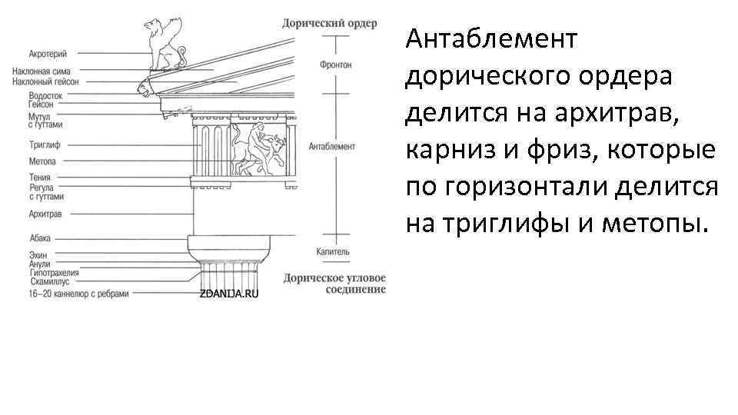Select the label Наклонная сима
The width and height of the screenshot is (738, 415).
52,71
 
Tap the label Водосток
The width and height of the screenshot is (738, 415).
45,96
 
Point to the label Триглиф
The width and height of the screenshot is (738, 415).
44,144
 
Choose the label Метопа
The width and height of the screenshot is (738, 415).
42,161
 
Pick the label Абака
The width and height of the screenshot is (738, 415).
40,239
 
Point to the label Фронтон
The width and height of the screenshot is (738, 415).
335,65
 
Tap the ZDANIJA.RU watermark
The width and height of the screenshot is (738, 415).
228,294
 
